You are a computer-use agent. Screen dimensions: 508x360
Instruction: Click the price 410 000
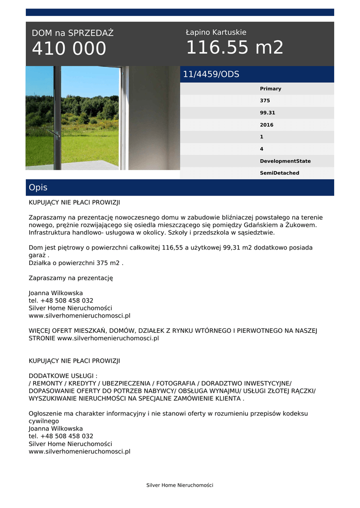(x=69, y=49)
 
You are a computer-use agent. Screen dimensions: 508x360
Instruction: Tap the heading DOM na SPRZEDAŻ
(x=72, y=33)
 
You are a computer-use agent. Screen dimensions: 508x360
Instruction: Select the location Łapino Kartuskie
(x=216, y=32)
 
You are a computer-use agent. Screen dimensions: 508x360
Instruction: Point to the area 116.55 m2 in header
(x=234, y=48)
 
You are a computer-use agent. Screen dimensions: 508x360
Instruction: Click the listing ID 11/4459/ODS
(x=211, y=74)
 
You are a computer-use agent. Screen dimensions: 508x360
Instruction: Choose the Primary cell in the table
(x=270, y=89)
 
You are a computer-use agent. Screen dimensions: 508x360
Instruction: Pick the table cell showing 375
(x=265, y=101)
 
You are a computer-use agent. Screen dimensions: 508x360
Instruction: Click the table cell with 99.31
(x=267, y=113)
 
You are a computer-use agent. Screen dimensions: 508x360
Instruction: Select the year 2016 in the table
(x=267, y=125)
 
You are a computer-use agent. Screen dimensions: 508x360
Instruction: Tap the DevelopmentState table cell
(x=285, y=161)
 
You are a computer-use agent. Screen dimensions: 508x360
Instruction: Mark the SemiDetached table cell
(x=280, y=173)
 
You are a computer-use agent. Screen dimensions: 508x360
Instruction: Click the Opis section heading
(x=38, y=188)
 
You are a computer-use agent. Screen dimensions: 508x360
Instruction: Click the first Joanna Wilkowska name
(x=56, y=293)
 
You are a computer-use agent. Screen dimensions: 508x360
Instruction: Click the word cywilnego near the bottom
(x=44, y=421)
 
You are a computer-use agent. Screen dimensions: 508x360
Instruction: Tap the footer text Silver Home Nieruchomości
(x=180, y=485)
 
